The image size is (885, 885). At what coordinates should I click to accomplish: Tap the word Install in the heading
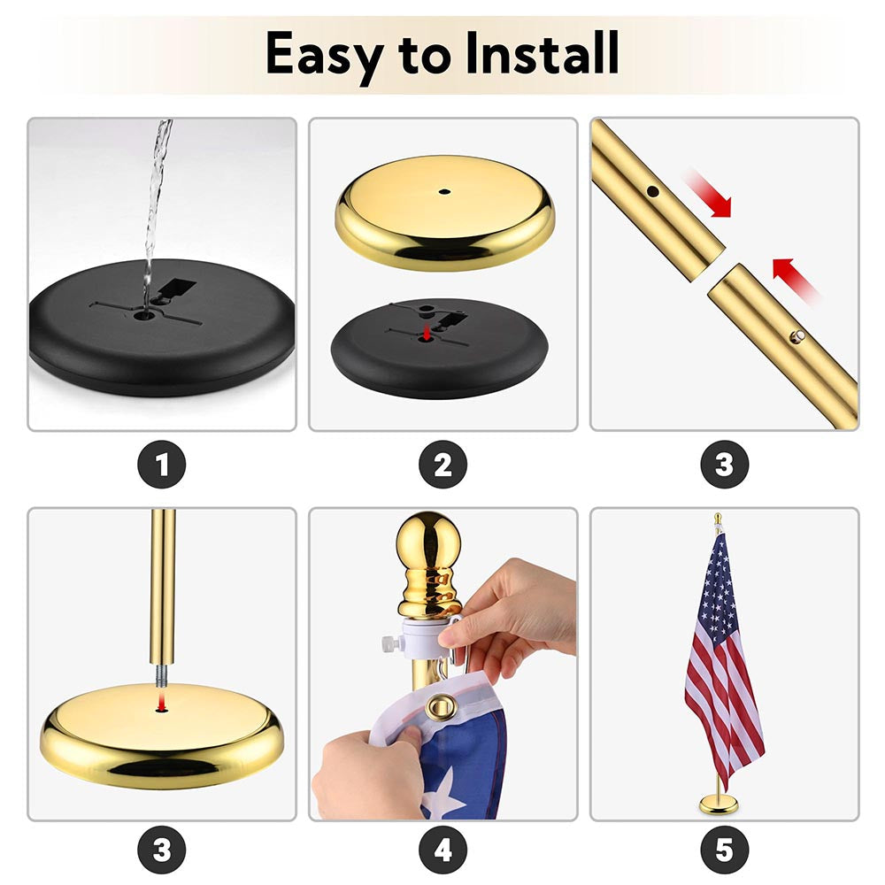click(x=542, y=52)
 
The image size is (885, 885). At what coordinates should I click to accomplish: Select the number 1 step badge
click(x=161, y=465)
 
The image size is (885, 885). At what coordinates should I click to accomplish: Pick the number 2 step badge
click(x=443, y=465)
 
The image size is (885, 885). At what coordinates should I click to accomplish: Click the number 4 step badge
click(x=443, y=850)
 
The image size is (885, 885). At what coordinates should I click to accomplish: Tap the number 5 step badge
click(x=725, y=850)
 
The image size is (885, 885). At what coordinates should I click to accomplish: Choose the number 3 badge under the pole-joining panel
click(x=725, y=465)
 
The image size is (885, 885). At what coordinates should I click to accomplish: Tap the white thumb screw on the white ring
click(x=390, y=643)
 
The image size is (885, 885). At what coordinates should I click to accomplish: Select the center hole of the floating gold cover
click(x=445, y=192)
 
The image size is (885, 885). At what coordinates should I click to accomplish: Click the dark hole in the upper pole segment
click(x=653, y=192)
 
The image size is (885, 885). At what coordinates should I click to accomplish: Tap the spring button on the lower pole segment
click(x=797, y=337)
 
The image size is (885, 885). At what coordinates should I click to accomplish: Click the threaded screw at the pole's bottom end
click(x=162, y=675)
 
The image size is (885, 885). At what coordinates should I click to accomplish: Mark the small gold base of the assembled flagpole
click(x=719, y=804)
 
